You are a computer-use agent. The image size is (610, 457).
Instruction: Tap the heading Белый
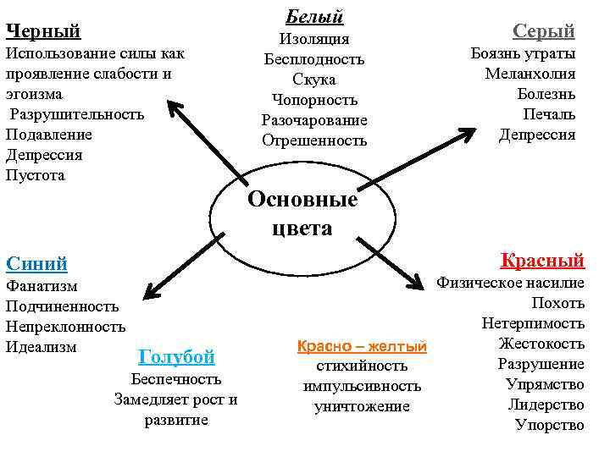[x=314, y=15]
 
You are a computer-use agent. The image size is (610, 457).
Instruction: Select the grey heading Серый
[x=543, y=31]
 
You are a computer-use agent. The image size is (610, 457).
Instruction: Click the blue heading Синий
[x=36, y=263]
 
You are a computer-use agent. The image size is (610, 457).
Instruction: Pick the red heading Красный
[x=542, y=259]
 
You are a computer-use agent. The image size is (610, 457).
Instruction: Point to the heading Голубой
[x=175, y=356]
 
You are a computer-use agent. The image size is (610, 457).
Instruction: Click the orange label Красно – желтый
[x=362, y=346]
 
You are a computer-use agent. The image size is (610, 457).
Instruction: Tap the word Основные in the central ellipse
[x=302, y=201]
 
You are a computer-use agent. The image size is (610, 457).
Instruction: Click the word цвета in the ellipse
[x=302, y=228]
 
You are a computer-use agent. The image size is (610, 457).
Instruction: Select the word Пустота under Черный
[x=35, y=175]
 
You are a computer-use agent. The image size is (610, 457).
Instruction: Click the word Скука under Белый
[x=314, y=80]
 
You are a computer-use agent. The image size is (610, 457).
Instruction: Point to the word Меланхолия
[x=530, y=74]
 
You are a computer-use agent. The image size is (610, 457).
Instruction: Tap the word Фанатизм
[x=42, y=286]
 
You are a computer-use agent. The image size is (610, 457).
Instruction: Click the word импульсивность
[x=362, y=386]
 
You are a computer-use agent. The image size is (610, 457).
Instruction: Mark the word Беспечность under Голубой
[x=176, y=378]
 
